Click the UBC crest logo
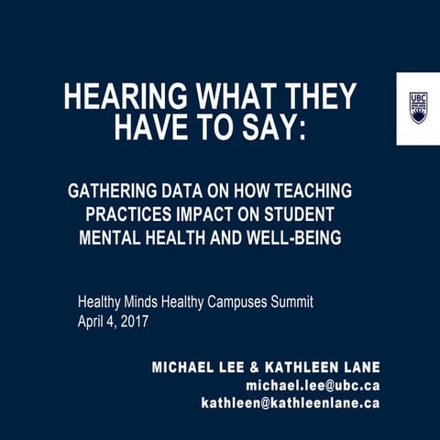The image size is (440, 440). [x=418, y=107]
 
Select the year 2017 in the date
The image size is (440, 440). [x=134, y=322]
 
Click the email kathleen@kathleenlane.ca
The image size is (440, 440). [x=291, y=402]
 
